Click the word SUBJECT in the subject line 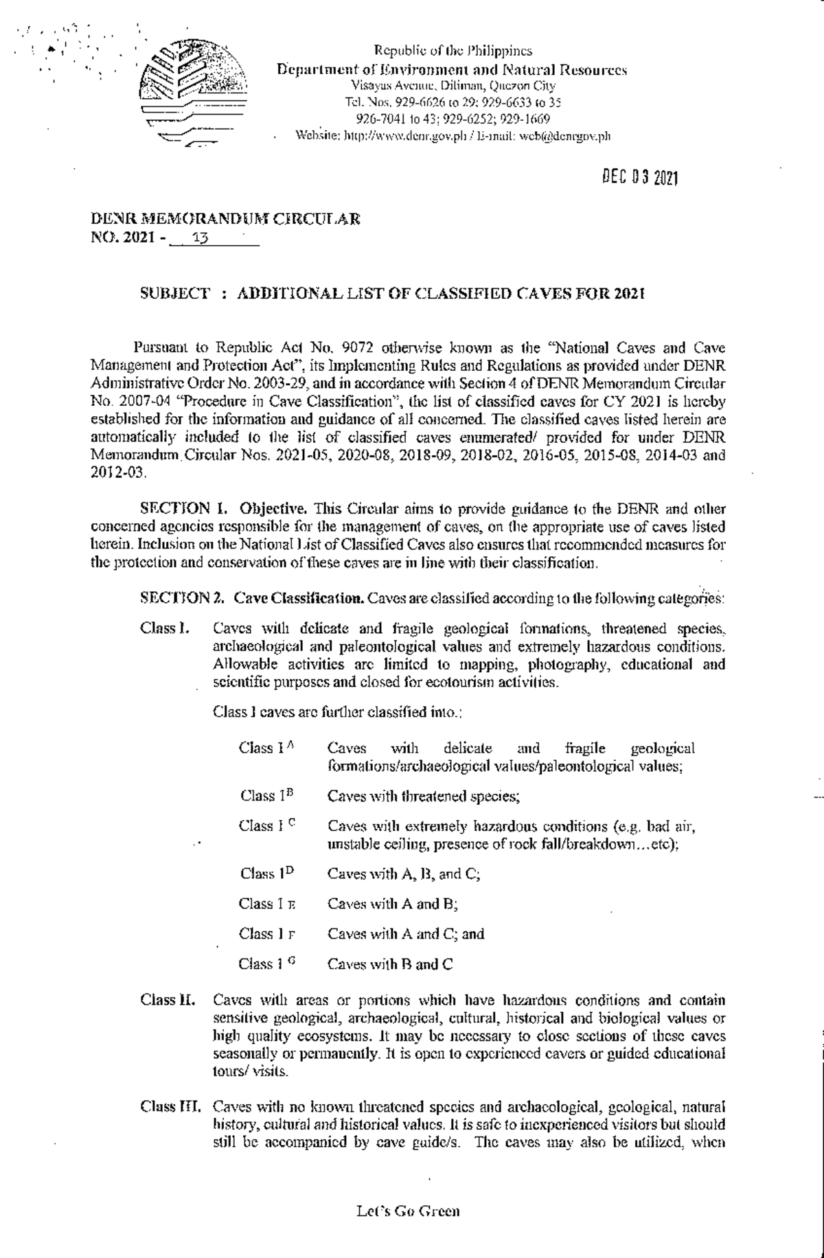(x=174, y=294)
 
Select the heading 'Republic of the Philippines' (x=453, y=51)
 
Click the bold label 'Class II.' (x=167, y=1000)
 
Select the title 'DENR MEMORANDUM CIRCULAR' (x=226, y=220)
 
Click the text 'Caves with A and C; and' (x=405, y=934)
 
